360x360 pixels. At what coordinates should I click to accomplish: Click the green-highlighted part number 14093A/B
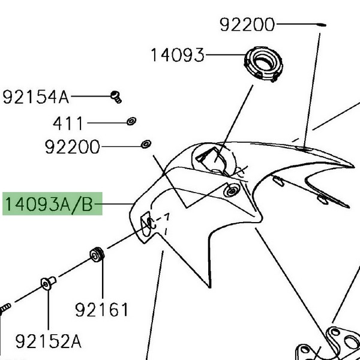click(49, 205)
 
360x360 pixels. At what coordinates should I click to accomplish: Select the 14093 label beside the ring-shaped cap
click(177, 55)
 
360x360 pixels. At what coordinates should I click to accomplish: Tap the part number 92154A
click(36, 96)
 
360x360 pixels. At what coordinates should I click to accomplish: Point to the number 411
click(68, 124)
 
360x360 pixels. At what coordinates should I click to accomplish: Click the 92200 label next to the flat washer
click(72, 146)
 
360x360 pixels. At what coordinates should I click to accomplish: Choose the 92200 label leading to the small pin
click(247, 25)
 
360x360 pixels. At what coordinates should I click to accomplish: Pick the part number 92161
click(102, 310)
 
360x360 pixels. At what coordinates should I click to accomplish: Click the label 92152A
click(48, 342)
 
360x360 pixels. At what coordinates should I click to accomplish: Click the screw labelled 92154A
click(116, 95)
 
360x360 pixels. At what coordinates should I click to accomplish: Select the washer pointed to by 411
click(130, 122)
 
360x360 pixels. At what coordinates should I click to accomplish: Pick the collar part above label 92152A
click(47, 282)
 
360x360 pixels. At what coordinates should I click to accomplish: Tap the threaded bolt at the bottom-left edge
click(5, 308)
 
